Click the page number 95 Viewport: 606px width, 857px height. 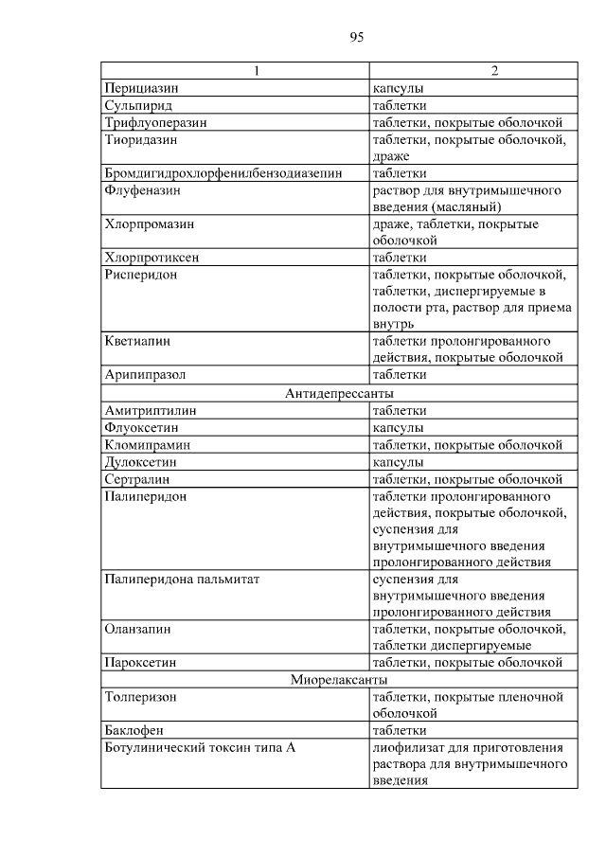(x=356, y=37)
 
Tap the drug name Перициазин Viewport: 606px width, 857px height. (x=139, y=88)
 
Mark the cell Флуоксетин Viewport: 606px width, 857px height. (x=142, y=427)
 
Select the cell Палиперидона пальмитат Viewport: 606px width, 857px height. (x=181, y=579)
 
